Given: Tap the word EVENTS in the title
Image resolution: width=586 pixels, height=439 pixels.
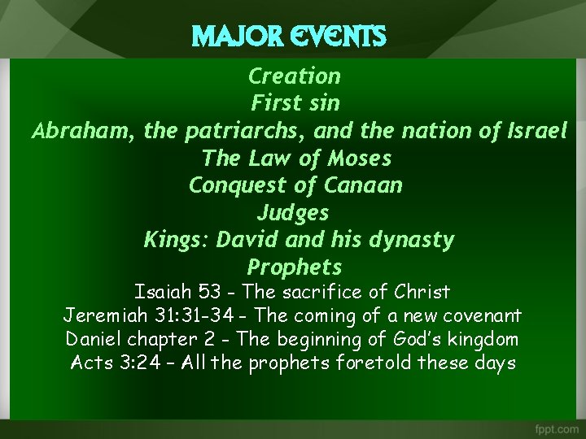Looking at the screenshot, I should (335, 37).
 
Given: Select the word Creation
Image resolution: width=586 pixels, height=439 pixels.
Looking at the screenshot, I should (294, 76).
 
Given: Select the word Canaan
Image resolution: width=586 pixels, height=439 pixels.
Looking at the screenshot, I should (363, 185).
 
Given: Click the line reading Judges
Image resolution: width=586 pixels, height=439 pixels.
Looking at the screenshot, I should (293, 213).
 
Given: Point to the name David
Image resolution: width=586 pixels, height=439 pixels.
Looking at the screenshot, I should (245, 240).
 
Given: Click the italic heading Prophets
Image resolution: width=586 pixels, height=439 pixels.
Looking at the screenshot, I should (294, 267).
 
